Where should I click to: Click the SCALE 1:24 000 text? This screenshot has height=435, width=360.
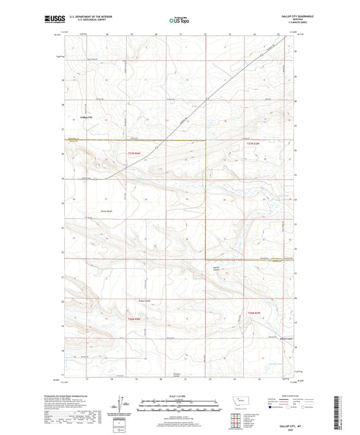[179, 396]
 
